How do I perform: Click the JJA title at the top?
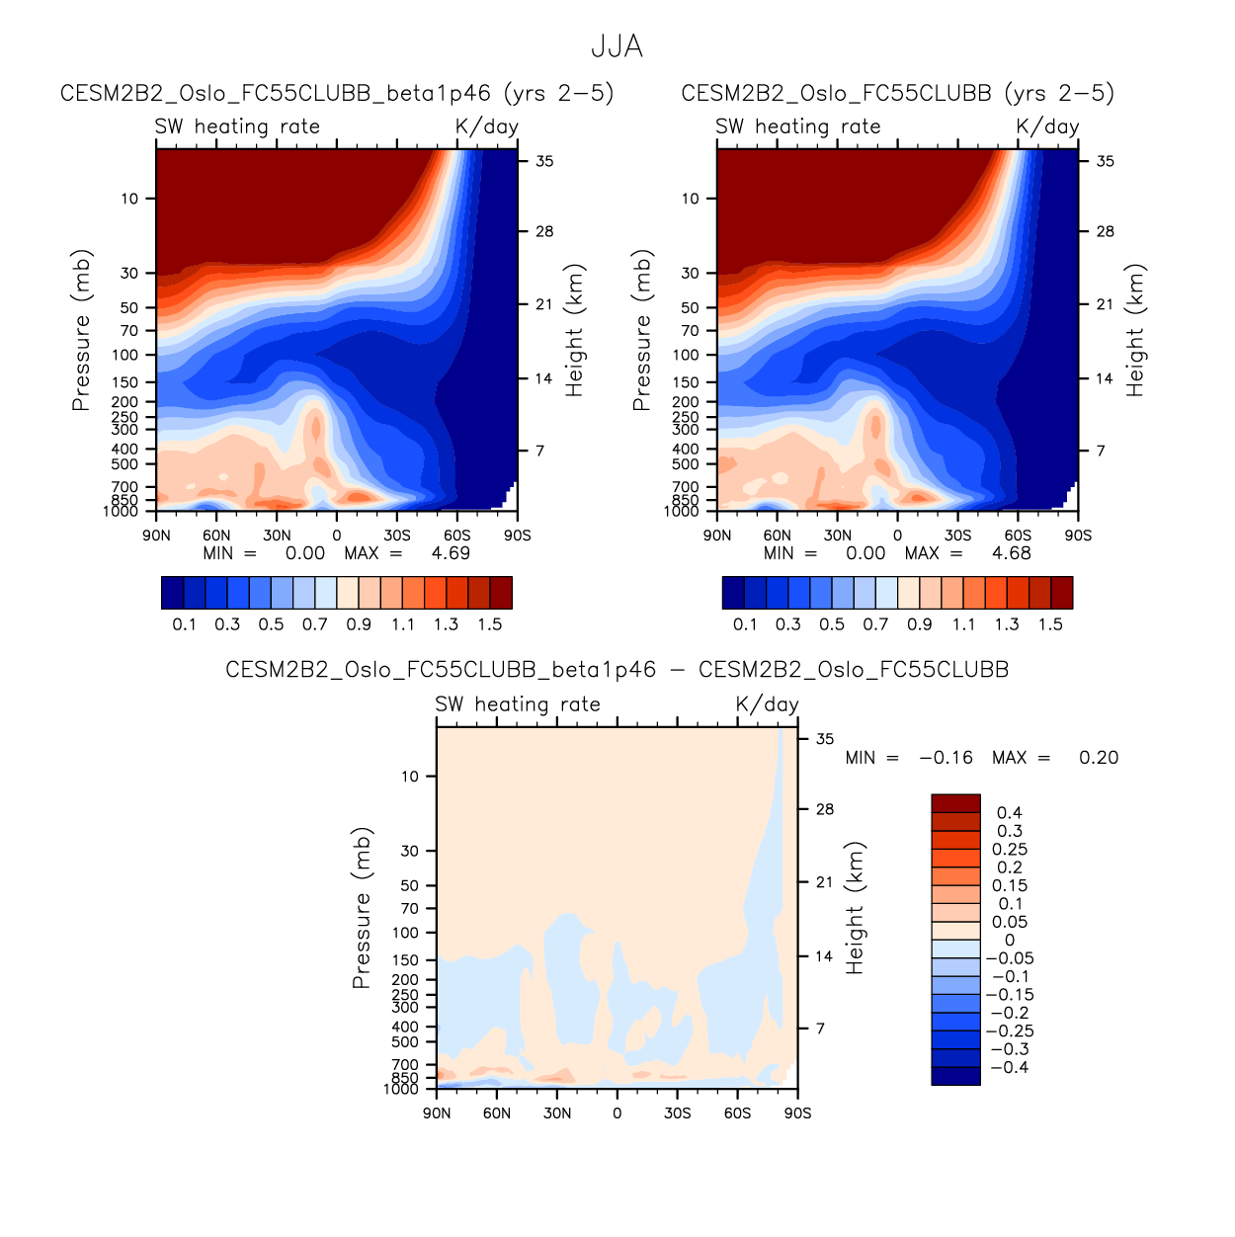(x=617, y=46)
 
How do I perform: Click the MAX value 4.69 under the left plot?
(x=451, y=553)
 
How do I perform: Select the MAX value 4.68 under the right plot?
(x=1011, y=553)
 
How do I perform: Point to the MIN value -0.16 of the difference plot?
(x=946, y=758)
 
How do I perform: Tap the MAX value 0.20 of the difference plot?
(x=1098, y=758)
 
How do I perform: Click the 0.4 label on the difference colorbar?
(x=1009, y=813)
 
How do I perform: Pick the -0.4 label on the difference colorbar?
(x=1008, y=1067)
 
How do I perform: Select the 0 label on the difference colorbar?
(x=1009, y=940)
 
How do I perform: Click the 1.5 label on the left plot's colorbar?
(x=489, y=624)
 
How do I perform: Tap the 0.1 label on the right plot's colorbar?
(x=745, y=624)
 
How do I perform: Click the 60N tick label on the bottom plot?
(x=497, y=1113)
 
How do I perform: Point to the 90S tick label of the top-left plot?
(x=517, y=536)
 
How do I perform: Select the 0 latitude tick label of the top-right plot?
(x=897, y=536)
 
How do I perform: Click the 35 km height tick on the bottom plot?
(x=824, y=739)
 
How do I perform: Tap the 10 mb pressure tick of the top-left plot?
(x=129, y=199)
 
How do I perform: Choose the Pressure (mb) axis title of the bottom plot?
(x=362, y=908)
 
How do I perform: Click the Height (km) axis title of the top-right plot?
(x=1135, y=330)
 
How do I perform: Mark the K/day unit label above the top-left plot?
(x=486, y=126)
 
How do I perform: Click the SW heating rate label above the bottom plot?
(x=518, y=704)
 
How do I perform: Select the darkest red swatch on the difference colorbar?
(x=955, y=803)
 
